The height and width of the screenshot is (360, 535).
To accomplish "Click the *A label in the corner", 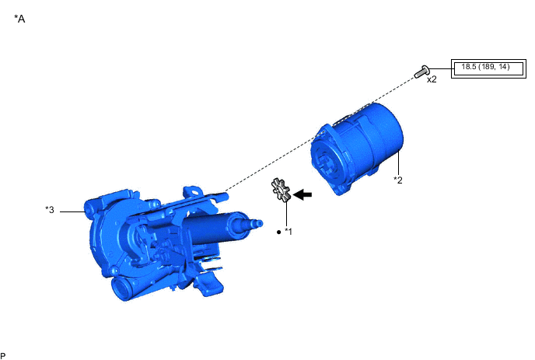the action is tap(19, 19).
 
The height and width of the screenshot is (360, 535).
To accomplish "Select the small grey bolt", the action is tap(421, 72).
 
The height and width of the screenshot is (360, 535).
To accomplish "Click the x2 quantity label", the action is tap(432, 79).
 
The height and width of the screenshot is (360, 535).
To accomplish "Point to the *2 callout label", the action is tap(398, 180).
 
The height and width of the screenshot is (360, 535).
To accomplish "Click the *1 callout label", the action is tap(288, 232).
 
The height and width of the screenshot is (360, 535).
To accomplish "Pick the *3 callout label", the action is tap(50, 210).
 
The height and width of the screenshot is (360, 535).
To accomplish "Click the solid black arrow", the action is tap(302, 195).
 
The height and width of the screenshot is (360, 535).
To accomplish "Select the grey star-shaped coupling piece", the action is tap(281, 190).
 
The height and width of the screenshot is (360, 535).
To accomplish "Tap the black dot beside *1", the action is tap(278, 232).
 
